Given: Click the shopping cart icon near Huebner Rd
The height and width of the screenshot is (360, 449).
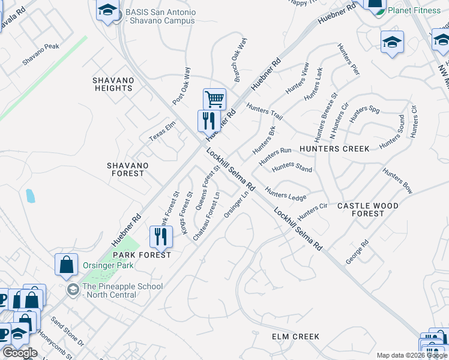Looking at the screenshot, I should click(214, 99).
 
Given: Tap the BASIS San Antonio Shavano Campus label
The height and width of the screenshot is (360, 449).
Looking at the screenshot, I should click(160, 16).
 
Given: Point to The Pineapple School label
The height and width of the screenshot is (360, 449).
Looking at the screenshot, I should click(122, 290).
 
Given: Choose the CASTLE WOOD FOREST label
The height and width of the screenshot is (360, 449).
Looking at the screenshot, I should click(367, 209).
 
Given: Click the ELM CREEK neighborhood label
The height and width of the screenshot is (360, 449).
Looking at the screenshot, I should click(295, 337).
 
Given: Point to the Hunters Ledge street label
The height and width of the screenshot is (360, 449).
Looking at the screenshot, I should click(286, 196).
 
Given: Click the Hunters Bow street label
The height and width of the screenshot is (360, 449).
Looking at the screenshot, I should click(397, 181).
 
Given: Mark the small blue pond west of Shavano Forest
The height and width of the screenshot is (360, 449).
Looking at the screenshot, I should click(30, 195).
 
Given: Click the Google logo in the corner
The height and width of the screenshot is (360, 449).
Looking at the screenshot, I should click(20, 353).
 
